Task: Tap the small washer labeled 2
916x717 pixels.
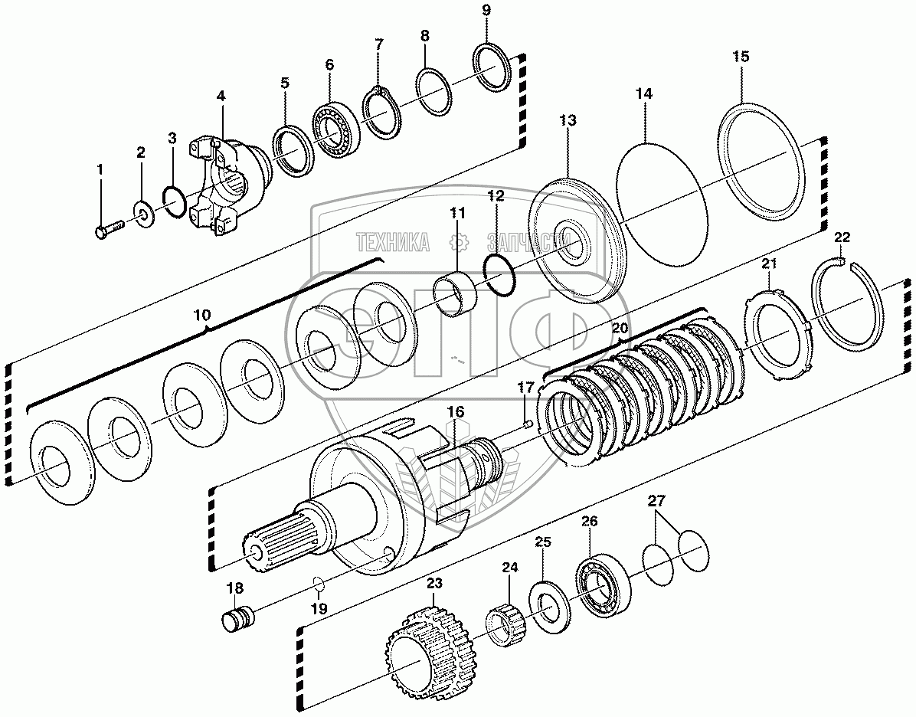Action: coord(142,210)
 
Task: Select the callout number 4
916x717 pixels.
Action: coord(221,97)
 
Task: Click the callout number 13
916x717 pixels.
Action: coord(568,121)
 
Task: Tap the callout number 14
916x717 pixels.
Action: coord(644,93)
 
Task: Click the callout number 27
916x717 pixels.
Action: coord(656,502)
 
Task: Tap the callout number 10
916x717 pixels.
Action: coord(201,315)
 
